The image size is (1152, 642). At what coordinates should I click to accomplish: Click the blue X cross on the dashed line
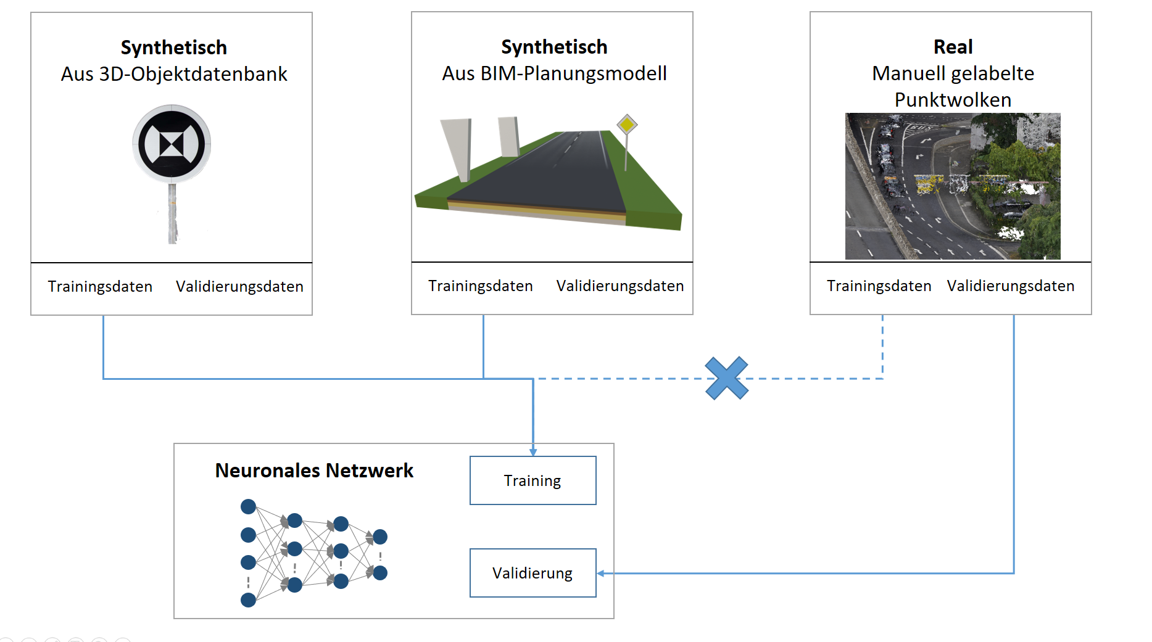tap(727, 378)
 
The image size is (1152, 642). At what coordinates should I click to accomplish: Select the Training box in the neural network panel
tap(533, 480)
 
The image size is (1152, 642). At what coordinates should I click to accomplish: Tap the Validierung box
tap(533, 573)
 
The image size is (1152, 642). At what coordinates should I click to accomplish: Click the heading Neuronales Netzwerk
tap(314, 471)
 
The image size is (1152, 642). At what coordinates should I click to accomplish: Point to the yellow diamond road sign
tap(627, 125)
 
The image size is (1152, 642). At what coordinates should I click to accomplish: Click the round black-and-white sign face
tap(172, 144)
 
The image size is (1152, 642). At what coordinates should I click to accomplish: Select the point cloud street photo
tap(953, 186)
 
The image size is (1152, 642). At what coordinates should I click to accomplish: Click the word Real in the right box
tap(953, 47)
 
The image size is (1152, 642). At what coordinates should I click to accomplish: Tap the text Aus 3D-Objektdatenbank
tap(174, 74)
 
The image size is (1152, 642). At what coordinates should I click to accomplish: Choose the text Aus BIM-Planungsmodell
tap(554, 73)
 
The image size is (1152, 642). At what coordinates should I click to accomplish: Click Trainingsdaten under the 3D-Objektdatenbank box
tap(100, 286)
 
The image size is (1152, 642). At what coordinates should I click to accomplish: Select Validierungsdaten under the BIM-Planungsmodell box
tap(620, 286)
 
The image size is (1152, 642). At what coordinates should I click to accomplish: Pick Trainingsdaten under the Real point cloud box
tap(879, 286)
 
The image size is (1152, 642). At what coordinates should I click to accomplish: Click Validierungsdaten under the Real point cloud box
tap(1011, 286)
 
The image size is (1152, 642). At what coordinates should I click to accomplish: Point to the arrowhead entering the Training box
tap(533, 452)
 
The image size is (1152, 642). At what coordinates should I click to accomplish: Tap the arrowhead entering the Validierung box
tap(600, 573)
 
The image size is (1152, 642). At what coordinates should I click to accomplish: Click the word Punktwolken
tap(953, 100)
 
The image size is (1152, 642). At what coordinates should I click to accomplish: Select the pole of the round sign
tap(172, 213)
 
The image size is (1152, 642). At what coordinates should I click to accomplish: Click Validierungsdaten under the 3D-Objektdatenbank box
tap(239, 286)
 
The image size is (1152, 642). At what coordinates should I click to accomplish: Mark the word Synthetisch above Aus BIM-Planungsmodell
tap(554, 47)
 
